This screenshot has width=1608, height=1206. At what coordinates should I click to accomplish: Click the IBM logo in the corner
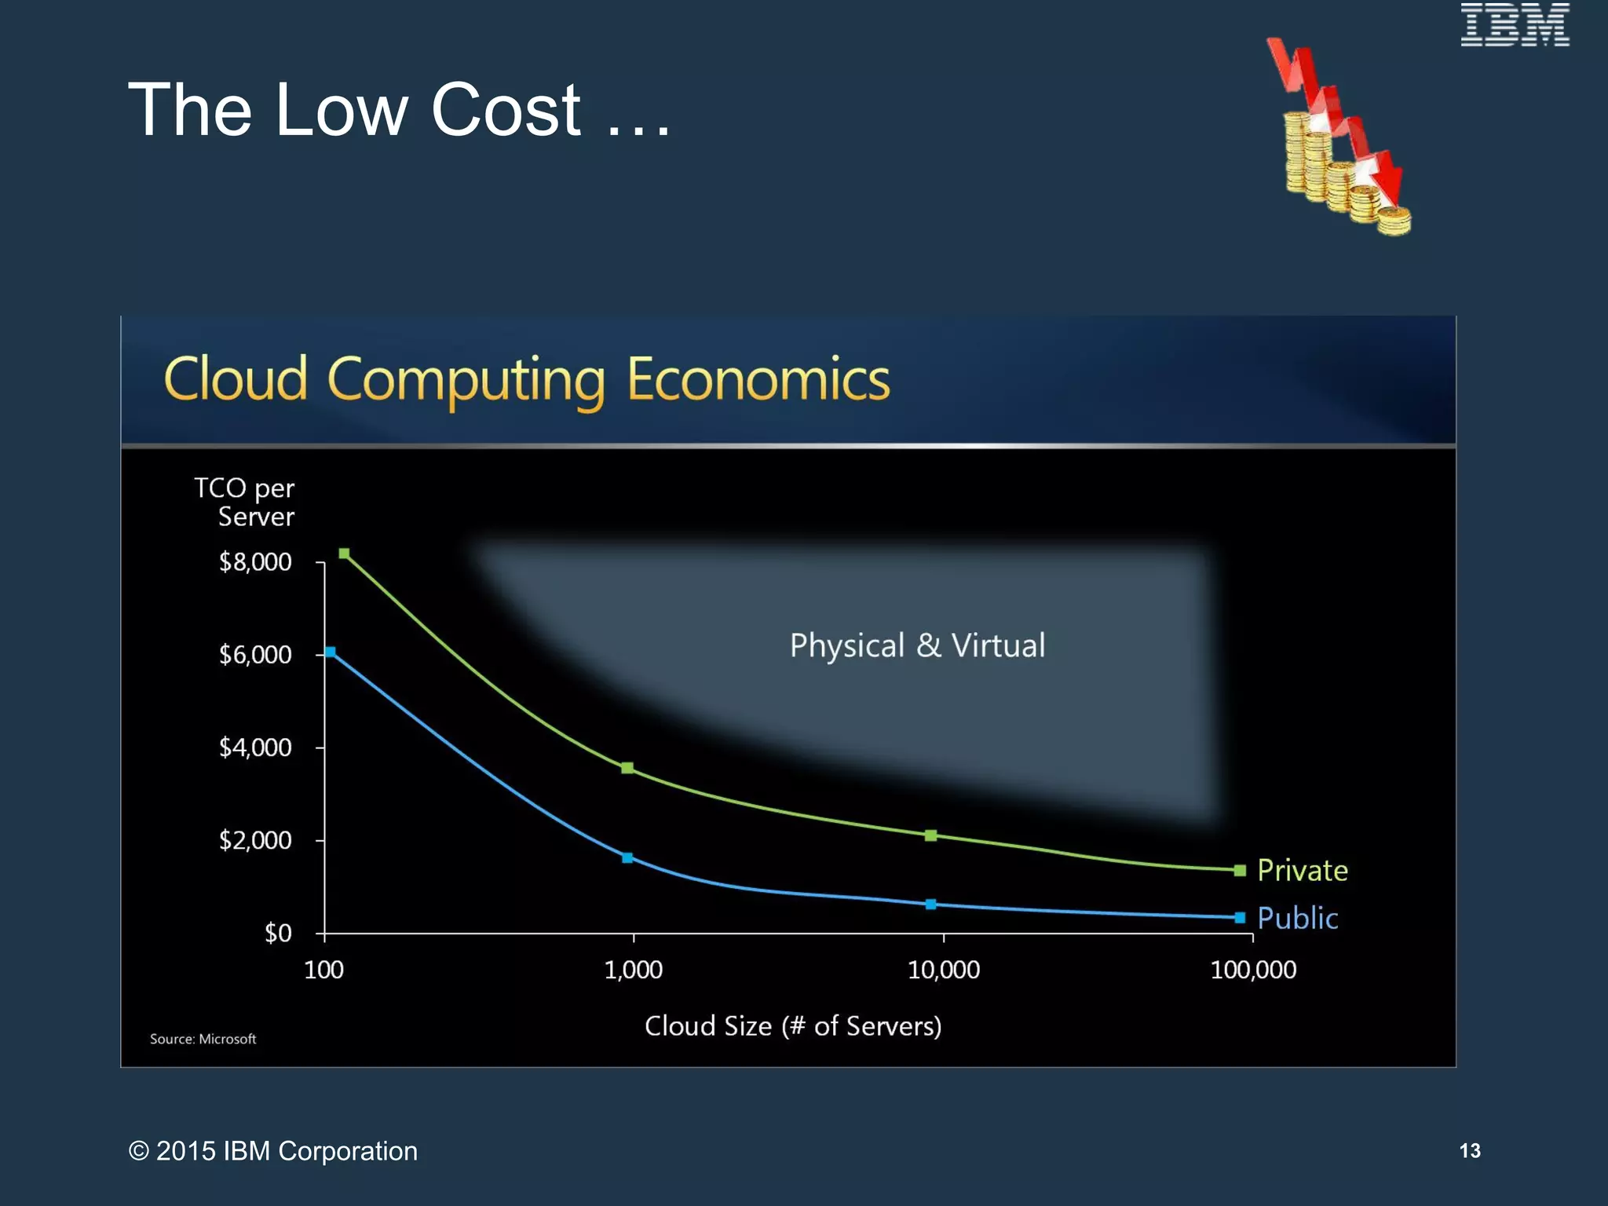[x=1515, y=24]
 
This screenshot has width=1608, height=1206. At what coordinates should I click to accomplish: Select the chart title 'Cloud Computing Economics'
[x=527, y=380]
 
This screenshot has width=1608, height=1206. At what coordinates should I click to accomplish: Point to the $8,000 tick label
[x=255, y=562]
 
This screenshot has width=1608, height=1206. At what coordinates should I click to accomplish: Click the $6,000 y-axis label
[x=255, y=655]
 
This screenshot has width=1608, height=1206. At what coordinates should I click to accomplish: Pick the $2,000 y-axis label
[x=255, y=841]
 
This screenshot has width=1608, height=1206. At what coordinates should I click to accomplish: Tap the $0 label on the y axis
[x=278, y=934]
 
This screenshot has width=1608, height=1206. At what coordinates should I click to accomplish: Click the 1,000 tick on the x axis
[x=633, y=970]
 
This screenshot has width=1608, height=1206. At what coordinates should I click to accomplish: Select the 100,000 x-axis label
[x=1253, y=970]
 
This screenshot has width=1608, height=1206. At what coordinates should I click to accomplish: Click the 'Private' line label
[x=1303, y=871]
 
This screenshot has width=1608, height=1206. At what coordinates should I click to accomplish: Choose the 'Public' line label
[x=1297, y=919]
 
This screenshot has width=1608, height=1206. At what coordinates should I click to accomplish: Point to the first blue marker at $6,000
[x=331, y=652]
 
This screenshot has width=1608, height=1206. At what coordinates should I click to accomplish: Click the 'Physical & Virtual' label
[x=917, y=646]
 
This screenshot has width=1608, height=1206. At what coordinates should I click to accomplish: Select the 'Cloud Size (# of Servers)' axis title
[x=793, y=1026]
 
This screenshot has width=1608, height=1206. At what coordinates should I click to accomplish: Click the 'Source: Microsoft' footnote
[x=203, y=1040]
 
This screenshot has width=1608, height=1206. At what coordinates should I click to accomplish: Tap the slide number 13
[x=1470, y=1151]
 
